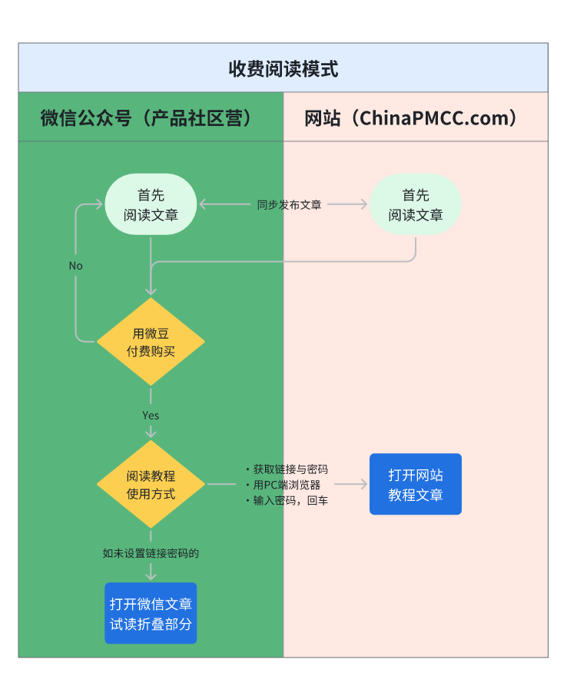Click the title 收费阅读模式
pyautogui.click(x=283, y=68)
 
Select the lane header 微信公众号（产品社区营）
pyautogui.click(x=146, y=118)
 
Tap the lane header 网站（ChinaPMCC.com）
pyautogui.click(x=410, y=118)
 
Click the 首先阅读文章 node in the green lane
pyautogui.click(x=151, y=204)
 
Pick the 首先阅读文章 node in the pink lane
pyautogui.click(x=416, y=204)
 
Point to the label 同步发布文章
pyautogui.click(x=289, y=204)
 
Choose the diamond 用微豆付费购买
pyautogui.click(x=151, y=342)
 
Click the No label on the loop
pyautogui.click(x=75, y=266)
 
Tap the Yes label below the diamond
pyautogui.click(x=151, y=415)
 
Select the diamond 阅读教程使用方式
pyautogui.click(x=151, y=485)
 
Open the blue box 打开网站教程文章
pyautogui.click(x=416, y=484)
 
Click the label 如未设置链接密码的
pyautogui.click(x=151, y=552)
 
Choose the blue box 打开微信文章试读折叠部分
pyautogui.click(x=151, y=613)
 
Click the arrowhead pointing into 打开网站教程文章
pyautogui.click(x=364, y=485)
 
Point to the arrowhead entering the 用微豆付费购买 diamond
pyautogui.click(x=151, y=291)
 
